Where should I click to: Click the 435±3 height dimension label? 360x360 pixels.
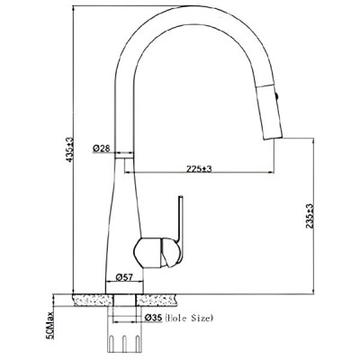click(69, 150)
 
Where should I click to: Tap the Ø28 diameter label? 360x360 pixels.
click(102, 148)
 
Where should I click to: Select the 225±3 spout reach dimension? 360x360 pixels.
click(199, 169)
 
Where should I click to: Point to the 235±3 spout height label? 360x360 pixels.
click(310, 216)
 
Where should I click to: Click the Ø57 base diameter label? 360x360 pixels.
click(124, 277)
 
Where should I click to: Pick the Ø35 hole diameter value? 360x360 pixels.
click(153, 318)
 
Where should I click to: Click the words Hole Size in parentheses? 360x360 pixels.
click(189, 318)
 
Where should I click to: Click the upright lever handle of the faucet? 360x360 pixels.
click(180, 220)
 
